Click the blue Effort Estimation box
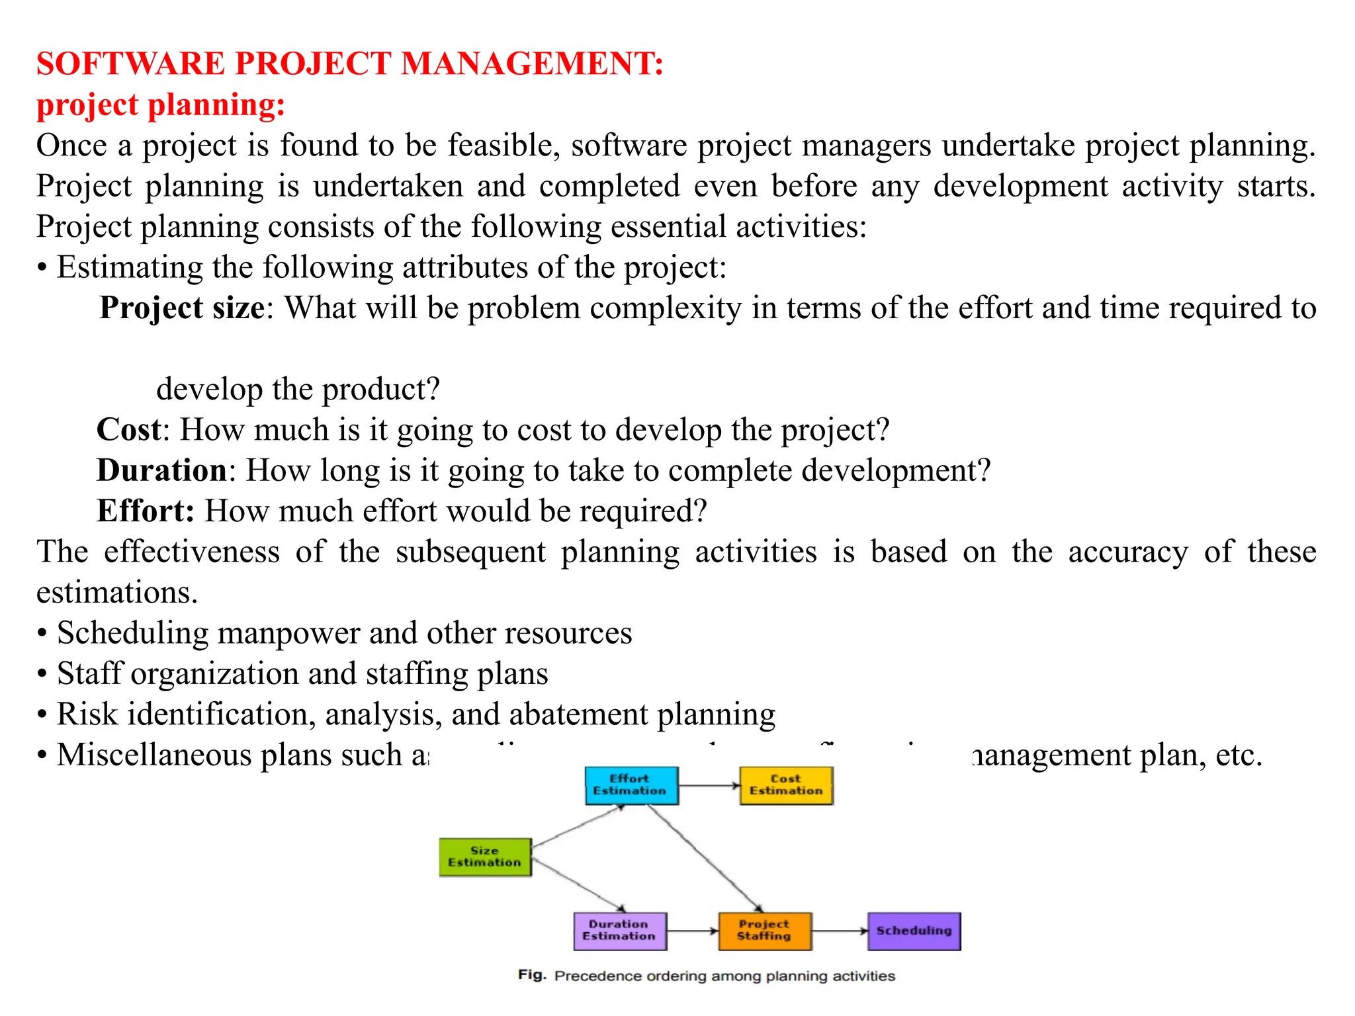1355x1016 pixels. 631,785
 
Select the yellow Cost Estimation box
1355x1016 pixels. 785,785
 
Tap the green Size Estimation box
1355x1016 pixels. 485,857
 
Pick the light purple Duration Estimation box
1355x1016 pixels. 619,931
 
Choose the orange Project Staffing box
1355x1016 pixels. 764,931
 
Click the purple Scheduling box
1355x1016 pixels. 914,931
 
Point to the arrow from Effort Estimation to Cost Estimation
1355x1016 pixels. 709,786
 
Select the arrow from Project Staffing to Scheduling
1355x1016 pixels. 839,931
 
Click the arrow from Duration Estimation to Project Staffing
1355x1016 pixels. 692,931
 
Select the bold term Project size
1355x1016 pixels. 182,308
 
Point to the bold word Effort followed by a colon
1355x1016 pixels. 145,511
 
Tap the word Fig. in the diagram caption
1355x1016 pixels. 532,975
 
